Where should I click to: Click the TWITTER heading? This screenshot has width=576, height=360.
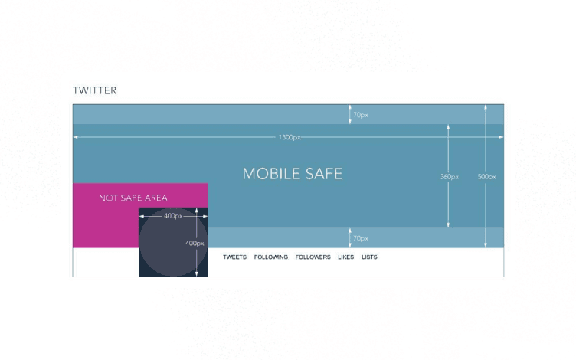point(94,90)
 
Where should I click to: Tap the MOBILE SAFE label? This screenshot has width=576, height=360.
point(292,174)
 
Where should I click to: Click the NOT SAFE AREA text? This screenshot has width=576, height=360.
point(133,198)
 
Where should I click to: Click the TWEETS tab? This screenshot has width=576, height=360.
point(234,257)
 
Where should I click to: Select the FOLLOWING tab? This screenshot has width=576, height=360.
point(271,257)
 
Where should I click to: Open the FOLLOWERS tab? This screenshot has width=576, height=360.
point(313,257)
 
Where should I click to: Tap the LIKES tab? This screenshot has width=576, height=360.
point(345,257)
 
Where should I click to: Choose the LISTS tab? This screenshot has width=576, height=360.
point(369,257)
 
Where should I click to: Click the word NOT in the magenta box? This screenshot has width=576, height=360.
point(107,198)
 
